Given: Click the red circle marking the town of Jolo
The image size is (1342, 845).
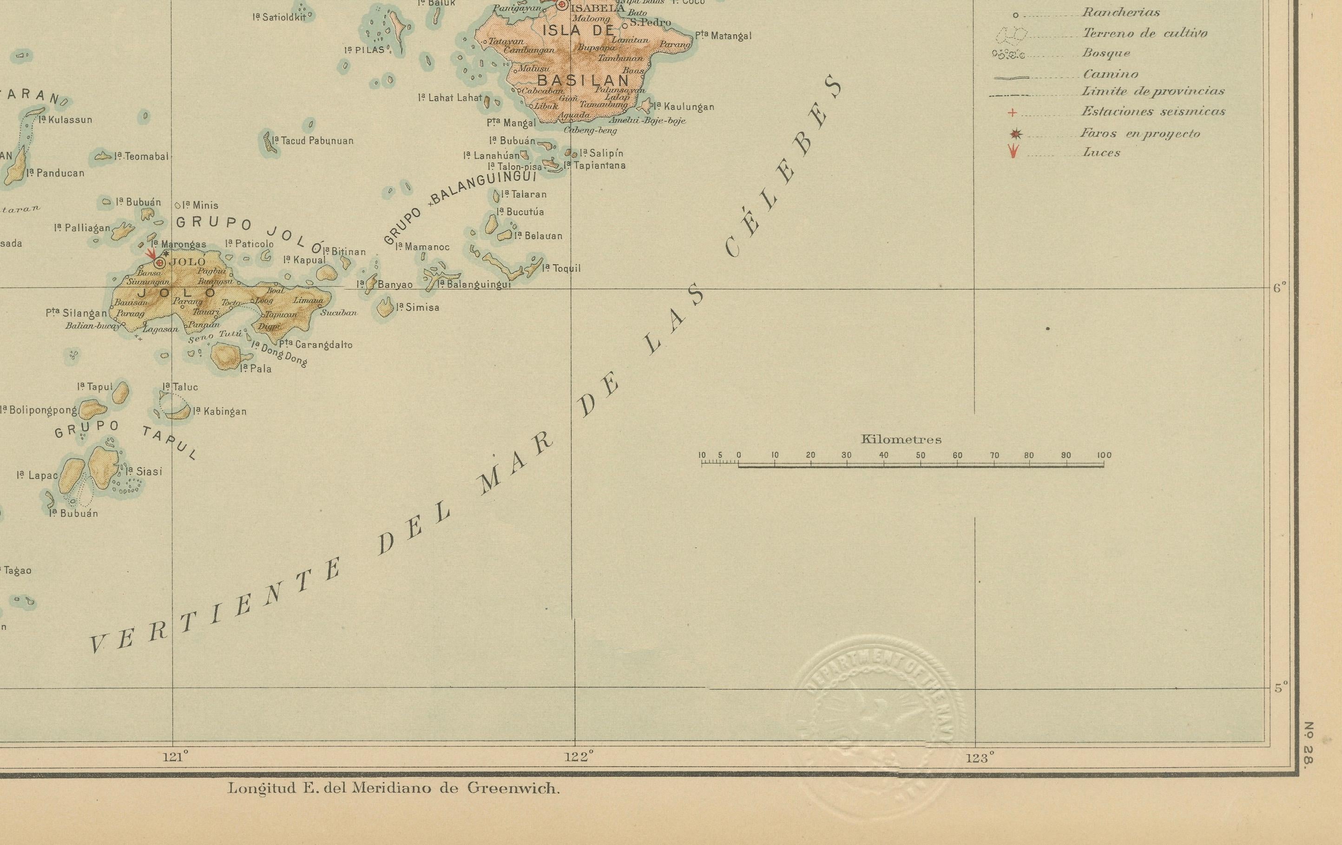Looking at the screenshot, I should click(160, 263).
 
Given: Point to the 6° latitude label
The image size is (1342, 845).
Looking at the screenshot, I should click(1280, 288).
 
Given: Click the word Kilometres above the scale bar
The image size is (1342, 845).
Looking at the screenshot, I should click(901, 439).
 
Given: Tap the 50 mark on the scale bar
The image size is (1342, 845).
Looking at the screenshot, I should click(920, 456).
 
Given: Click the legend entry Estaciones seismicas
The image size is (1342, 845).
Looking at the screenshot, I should click(1153, 112).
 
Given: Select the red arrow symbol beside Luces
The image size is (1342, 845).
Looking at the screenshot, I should click(1013, 152).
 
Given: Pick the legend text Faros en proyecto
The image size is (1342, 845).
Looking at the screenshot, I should click(1140, 133).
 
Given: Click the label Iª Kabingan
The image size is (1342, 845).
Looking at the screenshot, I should click(220, 411).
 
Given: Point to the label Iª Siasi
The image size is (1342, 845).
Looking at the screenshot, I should click(144, 472).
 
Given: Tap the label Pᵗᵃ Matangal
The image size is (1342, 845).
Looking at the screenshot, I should click(723, 36).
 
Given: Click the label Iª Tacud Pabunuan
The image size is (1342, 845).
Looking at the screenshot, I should click(313, 141).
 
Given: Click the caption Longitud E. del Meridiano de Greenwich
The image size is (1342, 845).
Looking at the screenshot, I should click(394, 788).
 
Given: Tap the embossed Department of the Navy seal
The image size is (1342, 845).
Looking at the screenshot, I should click(875, 725).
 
